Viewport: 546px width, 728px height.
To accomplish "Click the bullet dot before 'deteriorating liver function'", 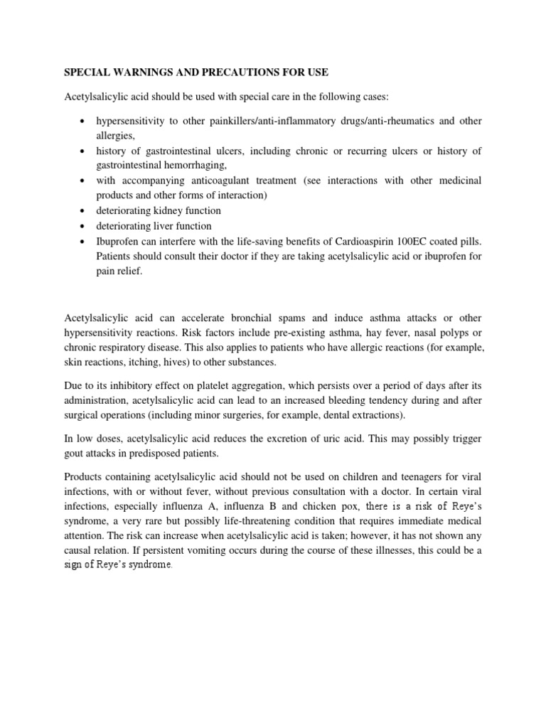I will [x=83, y=226].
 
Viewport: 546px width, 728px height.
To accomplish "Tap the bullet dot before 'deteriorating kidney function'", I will [x=83, y=211].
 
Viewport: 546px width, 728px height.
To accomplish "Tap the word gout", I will [x=75, y=453].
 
